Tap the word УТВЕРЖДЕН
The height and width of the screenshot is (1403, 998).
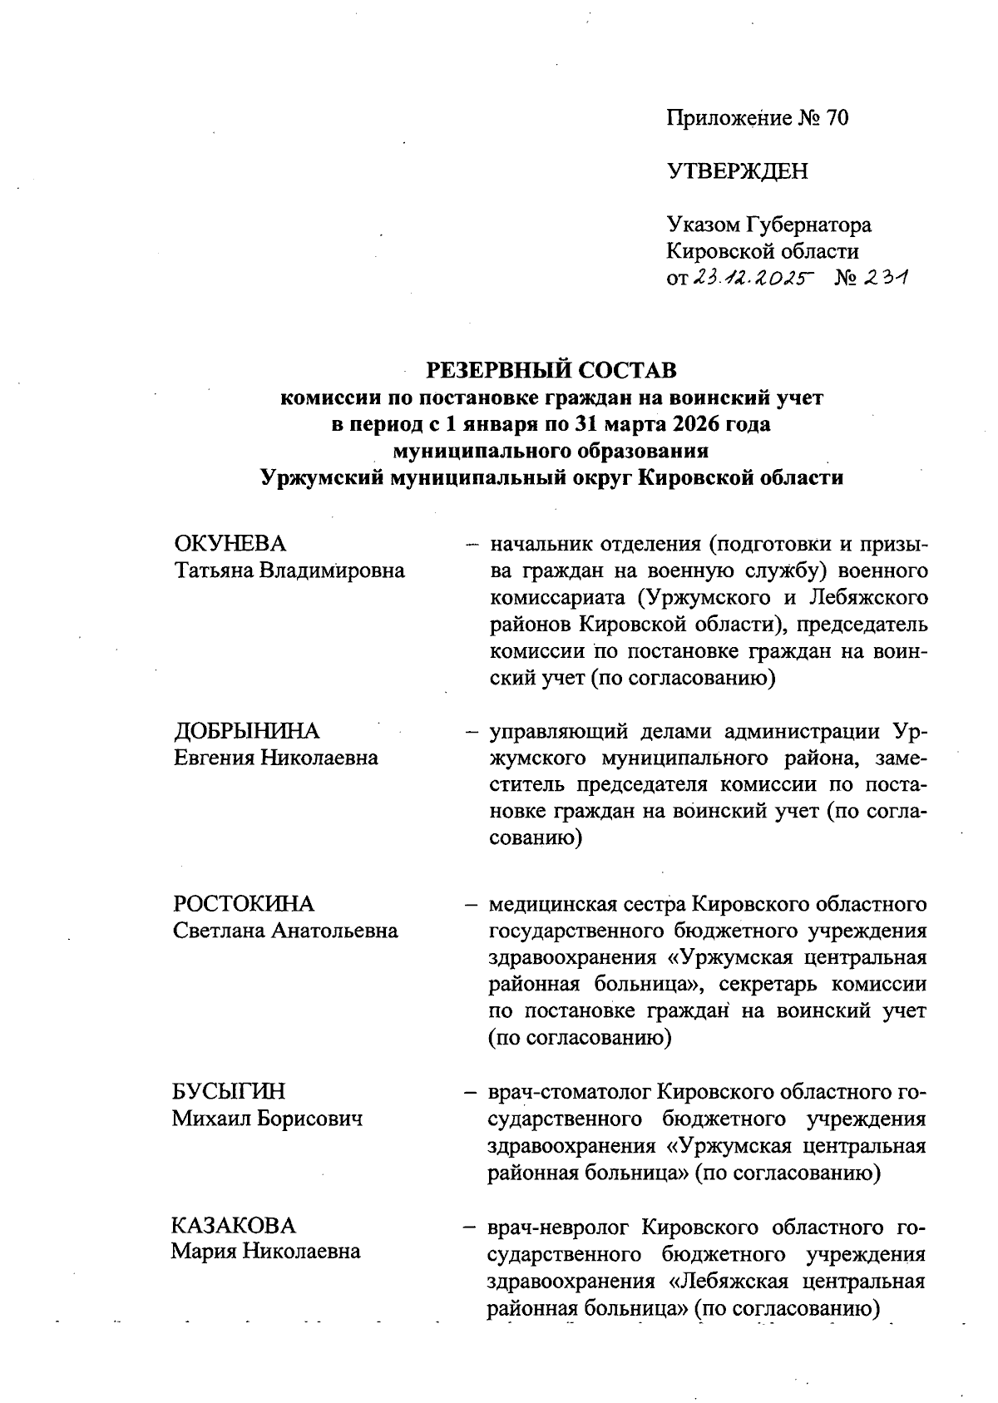(737, 172)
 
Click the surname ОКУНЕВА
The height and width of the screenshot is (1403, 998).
(230, 544)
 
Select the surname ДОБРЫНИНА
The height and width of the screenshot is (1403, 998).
(246, 731)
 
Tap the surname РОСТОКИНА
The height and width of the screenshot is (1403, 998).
(244, 904)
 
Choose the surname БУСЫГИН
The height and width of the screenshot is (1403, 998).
(229, 1091)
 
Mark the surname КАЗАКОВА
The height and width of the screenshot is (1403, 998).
(234, 1226)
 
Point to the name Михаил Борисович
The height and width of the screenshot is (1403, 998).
(268, 1118)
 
